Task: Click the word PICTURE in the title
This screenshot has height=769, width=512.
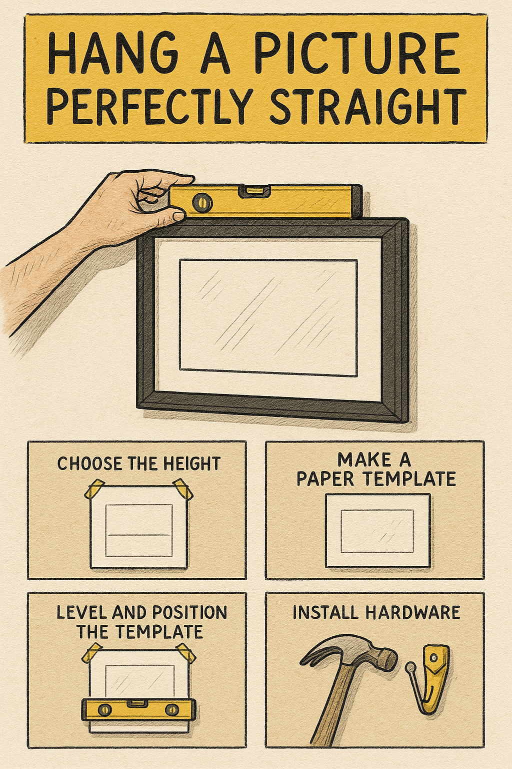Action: pos(356,53)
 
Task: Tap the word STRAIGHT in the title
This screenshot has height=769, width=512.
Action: pos(367,107)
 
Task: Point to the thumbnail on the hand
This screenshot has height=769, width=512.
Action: pos(177,216)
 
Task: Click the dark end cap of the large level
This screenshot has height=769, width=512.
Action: pos(356,201)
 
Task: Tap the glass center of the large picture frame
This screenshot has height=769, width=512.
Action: pos(268,317)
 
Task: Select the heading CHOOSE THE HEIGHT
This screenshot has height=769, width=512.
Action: pos(138,464)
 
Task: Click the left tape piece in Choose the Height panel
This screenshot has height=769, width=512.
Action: pos(94,489)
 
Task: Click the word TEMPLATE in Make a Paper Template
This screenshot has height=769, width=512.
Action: pos(409,479)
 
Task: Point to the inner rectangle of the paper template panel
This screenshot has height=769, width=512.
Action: pos(377,531)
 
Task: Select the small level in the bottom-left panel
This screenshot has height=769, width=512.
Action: pos(138,709)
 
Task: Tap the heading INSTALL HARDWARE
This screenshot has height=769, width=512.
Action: pos(376,612)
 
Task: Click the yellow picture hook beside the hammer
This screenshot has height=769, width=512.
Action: pos(433,673)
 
